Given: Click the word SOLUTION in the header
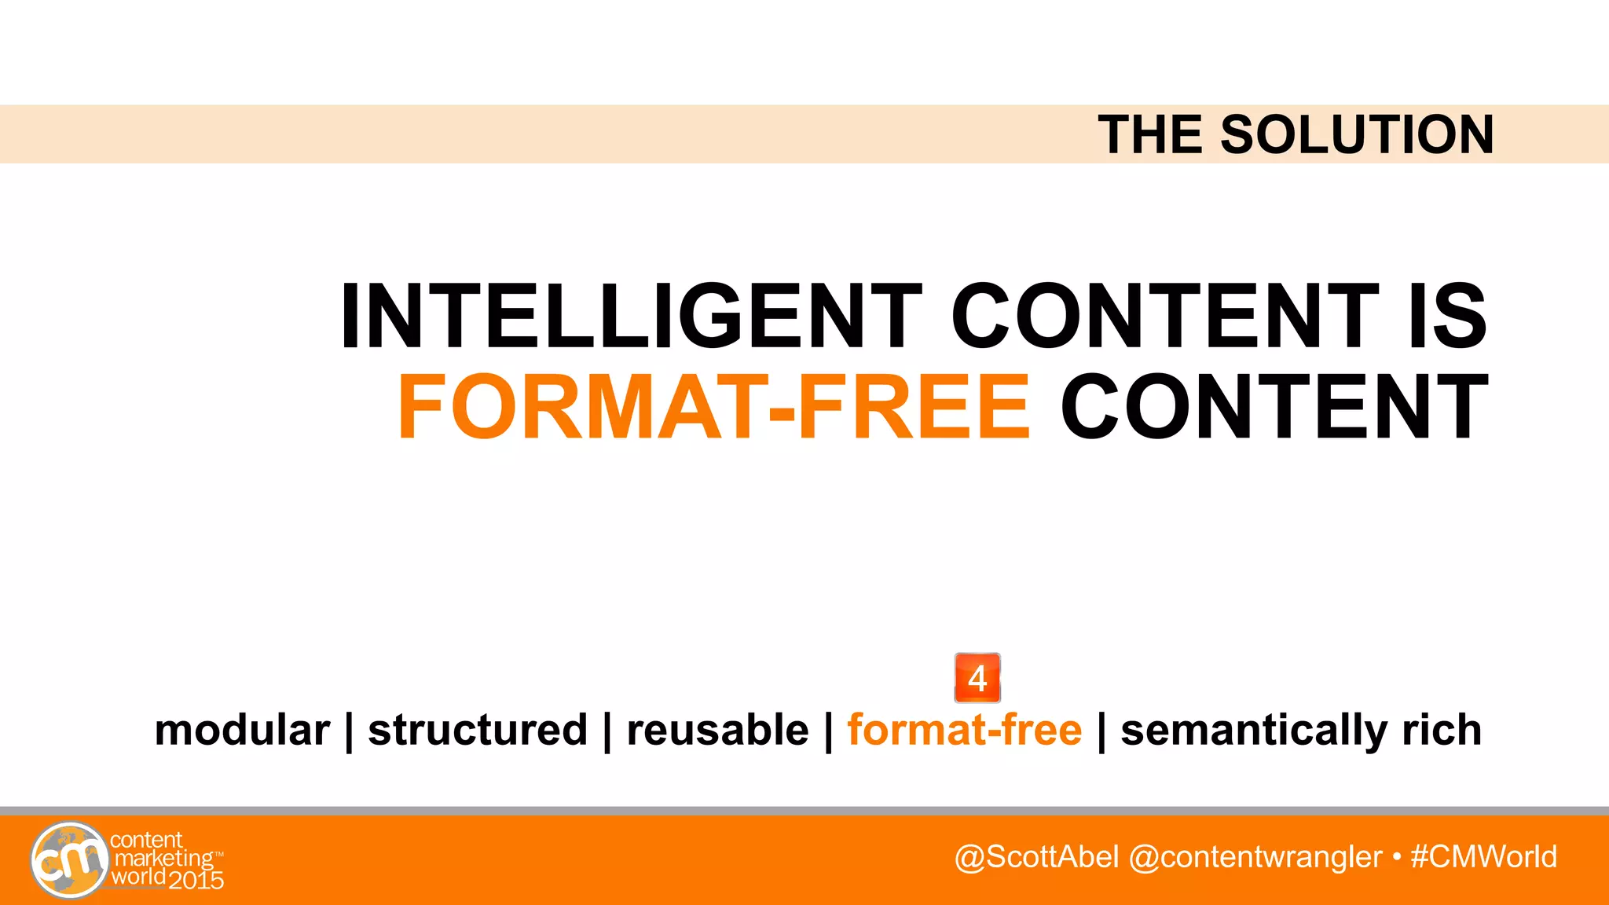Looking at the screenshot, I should click(x=1356, y=134).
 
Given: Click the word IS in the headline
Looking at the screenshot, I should click(x=1447, y=316).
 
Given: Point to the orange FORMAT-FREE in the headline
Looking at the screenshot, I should click(x=713, y=408).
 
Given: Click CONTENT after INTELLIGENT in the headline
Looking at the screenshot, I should click(x=1164, y=316).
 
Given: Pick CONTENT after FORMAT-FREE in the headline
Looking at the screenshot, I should click(x=1274, y=408).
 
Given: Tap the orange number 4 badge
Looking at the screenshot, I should click(x=977, y=678).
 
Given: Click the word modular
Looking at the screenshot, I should click(x=242, y=730).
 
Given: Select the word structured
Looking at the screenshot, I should click(x=478, y=730).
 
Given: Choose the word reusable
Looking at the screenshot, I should click(x=717, y=730).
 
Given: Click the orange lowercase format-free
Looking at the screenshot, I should click(x=964, y=730).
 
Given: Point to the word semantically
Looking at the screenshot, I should click(x=1252, y=731).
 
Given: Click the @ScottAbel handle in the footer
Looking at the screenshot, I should click(x=1036, y=856).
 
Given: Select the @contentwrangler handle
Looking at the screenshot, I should click(x=1255, y=856).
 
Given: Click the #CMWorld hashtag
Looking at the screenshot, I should click(x=1483, y=856).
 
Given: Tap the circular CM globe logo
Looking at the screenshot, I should click(x=70, y=859).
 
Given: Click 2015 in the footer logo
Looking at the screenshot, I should click(x=196, y=880).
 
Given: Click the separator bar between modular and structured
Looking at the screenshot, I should click(x=349, y=731).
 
